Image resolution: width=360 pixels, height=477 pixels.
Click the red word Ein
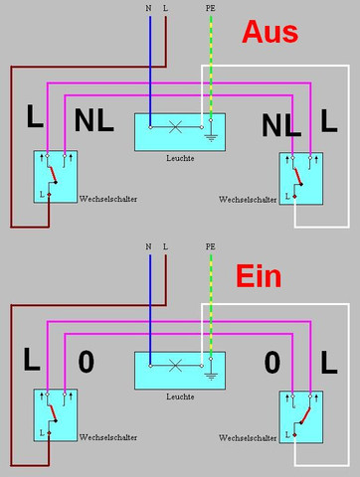click(x=267, y=274)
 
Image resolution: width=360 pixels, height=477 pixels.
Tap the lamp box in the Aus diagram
click(x=180, y=131)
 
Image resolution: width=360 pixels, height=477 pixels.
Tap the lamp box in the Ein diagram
click(x=180, y=371)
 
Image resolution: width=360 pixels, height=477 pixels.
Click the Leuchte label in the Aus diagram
click(x=179, y=158)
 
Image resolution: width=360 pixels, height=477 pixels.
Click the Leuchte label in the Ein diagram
click(x=179, y=397)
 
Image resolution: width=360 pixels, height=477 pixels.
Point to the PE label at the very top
click(x=210, y=8)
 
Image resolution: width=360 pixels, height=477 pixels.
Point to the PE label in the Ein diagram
click(x=210, y=245)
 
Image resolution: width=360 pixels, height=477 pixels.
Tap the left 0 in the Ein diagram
click(x=86, y=362)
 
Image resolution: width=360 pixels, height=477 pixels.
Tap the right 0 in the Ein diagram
click(x=272, y=362)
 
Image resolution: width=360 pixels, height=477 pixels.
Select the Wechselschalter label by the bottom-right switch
click(x=248, y=437)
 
